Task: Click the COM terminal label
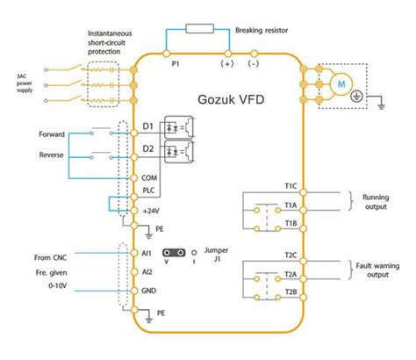coord(150,179)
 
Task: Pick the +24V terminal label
coord(152,212)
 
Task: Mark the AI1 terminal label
coord(147,252)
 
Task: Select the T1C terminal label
coord(290,186)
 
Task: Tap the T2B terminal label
coord(290,292)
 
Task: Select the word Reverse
coord(52,155)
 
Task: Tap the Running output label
coord(382,204)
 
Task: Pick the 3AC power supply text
coord(21,86)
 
